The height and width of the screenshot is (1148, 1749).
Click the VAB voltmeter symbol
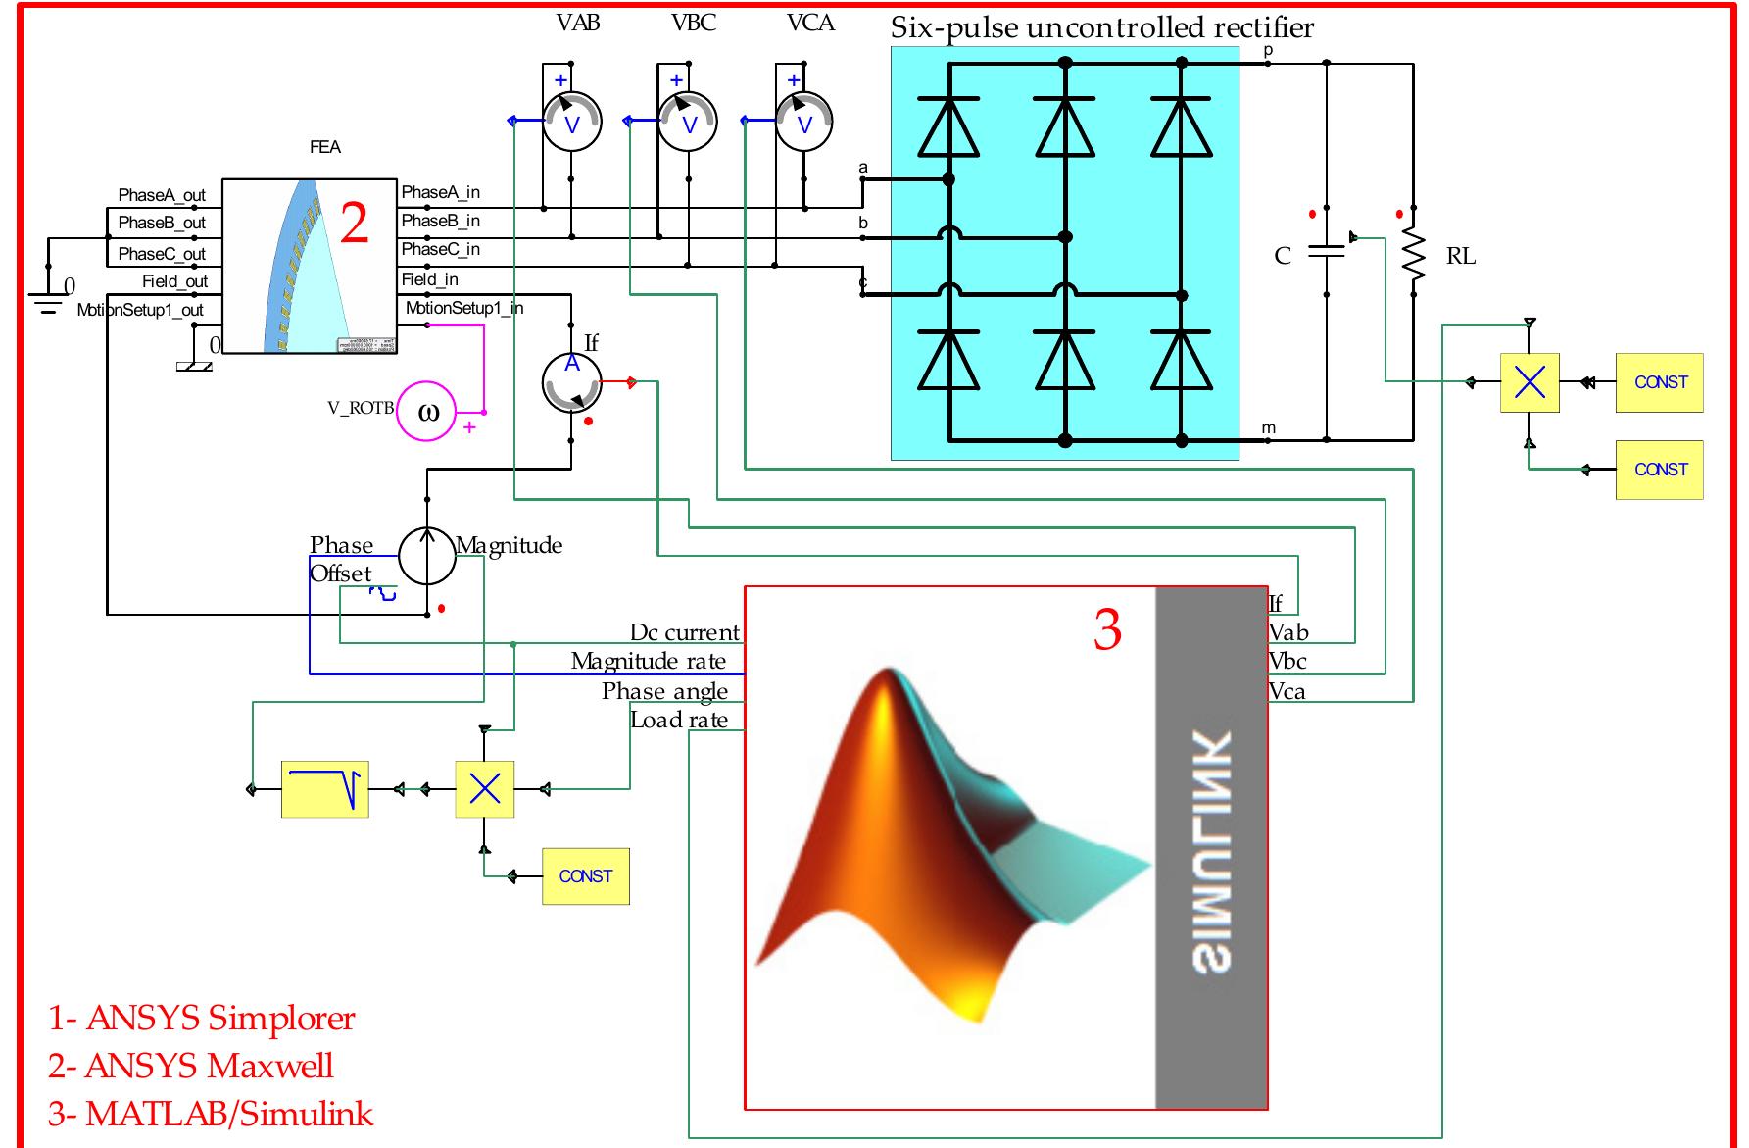click(x=571, y=123)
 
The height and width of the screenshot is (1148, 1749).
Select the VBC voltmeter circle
click(x=688, y=123)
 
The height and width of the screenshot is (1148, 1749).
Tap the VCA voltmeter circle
click(x=804, y=123)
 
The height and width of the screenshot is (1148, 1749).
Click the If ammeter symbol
click(x=571, y=383)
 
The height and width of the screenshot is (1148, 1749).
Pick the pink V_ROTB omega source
click(x=426, y=411)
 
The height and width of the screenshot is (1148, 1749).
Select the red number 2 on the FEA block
click(x=354, y=225)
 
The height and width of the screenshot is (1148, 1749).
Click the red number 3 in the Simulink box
click(x=1107, y=629)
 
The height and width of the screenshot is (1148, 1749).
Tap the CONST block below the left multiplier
click(x=585, y=876)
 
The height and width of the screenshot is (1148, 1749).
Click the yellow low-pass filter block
click(x=325, y=789)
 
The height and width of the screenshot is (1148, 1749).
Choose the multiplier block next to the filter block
click(x=485, y=789)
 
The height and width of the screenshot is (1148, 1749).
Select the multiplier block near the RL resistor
click(x=1530, y=382)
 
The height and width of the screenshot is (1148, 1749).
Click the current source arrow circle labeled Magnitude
click(x=427, y=556)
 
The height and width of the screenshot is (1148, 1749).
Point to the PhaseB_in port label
click(x=441, y=221)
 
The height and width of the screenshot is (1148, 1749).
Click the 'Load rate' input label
click(x=679, y=721)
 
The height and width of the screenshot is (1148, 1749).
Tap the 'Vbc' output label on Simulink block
click(x=1287, y=662)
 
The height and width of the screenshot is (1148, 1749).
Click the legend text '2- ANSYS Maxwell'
click(x=191, y=1066)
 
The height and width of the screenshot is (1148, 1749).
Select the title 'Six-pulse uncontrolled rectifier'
click(x=1101, y=27)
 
